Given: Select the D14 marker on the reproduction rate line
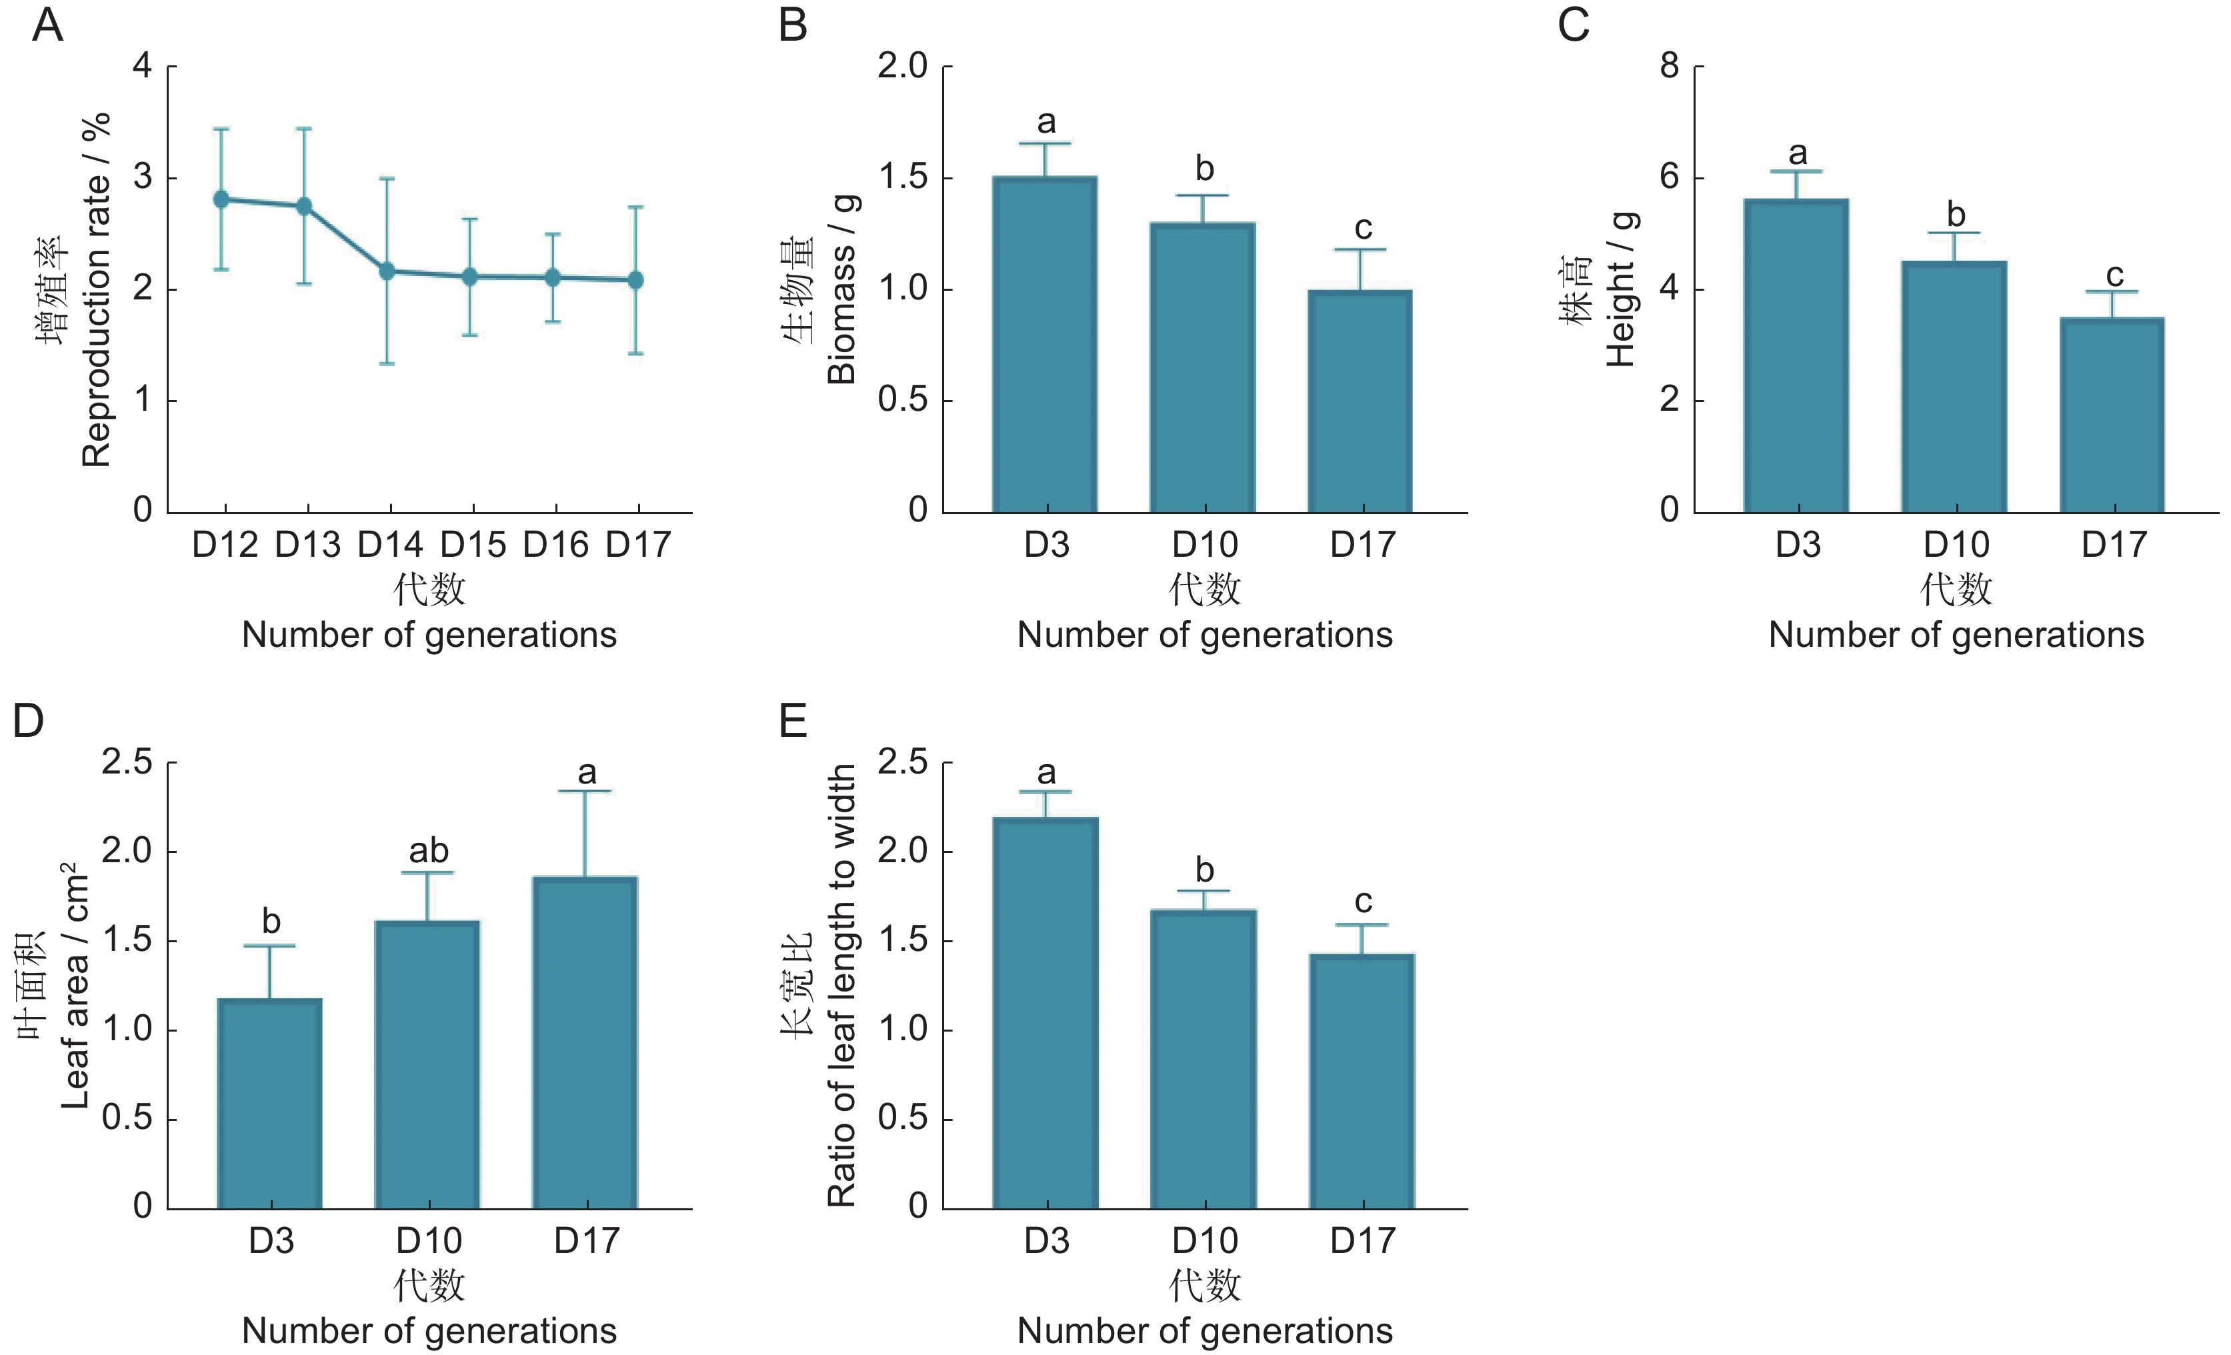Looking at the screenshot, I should pyautogui.click(x=387, y=271).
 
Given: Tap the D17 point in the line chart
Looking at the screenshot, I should pyautogui.click(x=635, y=280).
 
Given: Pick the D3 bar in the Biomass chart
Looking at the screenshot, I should pyautogui.click(x=1045, y=344).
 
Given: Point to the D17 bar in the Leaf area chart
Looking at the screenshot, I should pyautogui.click(x=585, y=1042).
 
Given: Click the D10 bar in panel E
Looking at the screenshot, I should pyautogui.click(x=1204, y=1059).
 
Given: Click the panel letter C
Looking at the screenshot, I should pyautogui.click(x=1574, y=25).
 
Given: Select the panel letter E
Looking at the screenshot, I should pyautogui.click(x=793, y=722).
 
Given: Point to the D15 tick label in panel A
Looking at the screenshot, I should pyautogui.click(x=473, y=544).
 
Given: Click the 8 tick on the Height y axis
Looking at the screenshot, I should pyautogui.click(x=1669, y=66).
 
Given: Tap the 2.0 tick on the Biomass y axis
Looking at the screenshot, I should pyautogui.click(x=902, y=66).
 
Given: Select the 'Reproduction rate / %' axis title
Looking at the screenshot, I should pyautogui.click(x=96, y=290).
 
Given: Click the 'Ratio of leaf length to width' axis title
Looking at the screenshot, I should pyautogui.click(x=842, y=986).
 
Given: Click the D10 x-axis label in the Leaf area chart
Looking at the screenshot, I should pyautogui.click(x=428, y=1240).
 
